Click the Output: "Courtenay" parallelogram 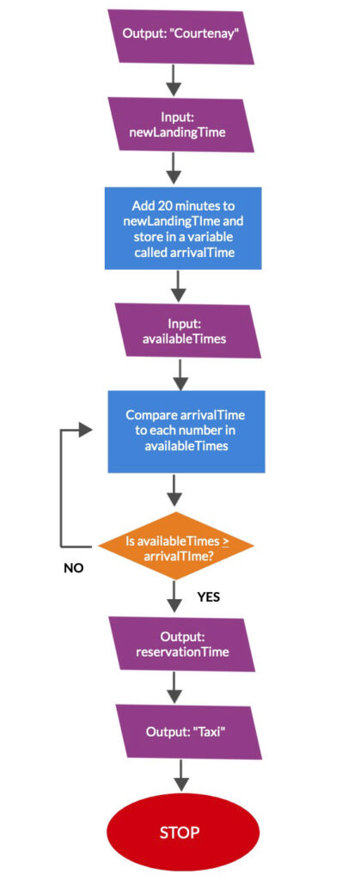pyautogui.click(x=181, y=35)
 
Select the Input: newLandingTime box pyautogui.click(x=181, y=125)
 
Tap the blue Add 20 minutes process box pyautogui.click(x=183, y=229)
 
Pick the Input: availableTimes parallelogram pyautogui.click(x=187, y=331)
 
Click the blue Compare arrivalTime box pyautogui.click(x=186, y=431)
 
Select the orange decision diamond pyautogui.click(x=176, y=546)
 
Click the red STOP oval pyautogui.click(x=183, y=831)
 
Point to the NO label pyautogui.click(x=73, y=568)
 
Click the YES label pyautogui.click(x=208, y=597)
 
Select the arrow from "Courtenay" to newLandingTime pyautogui.click(x=174, y=81)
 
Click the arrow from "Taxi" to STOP pyautogui.click(x=180, y=776)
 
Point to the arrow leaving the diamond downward pyautogui.click(x=175, y=596)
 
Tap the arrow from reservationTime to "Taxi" pyautogui.click(x=174, y=688)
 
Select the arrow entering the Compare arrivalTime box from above pyautogui.click(x=180, y=375)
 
